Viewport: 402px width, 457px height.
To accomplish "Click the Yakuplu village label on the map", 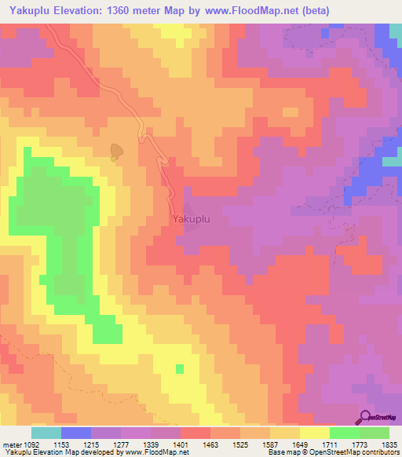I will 191,220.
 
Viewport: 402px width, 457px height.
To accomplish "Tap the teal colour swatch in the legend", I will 46,433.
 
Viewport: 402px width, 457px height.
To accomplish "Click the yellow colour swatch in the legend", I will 314,433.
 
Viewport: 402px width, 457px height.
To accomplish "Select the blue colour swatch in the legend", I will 76,433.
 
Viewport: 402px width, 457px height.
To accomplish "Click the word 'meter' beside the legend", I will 12,444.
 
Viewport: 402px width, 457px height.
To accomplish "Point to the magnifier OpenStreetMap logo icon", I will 367,419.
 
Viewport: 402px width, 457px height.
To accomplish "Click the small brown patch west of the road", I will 116,152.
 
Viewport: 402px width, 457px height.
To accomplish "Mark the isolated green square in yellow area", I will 180,368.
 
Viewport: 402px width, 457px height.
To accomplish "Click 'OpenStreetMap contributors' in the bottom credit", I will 349,453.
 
